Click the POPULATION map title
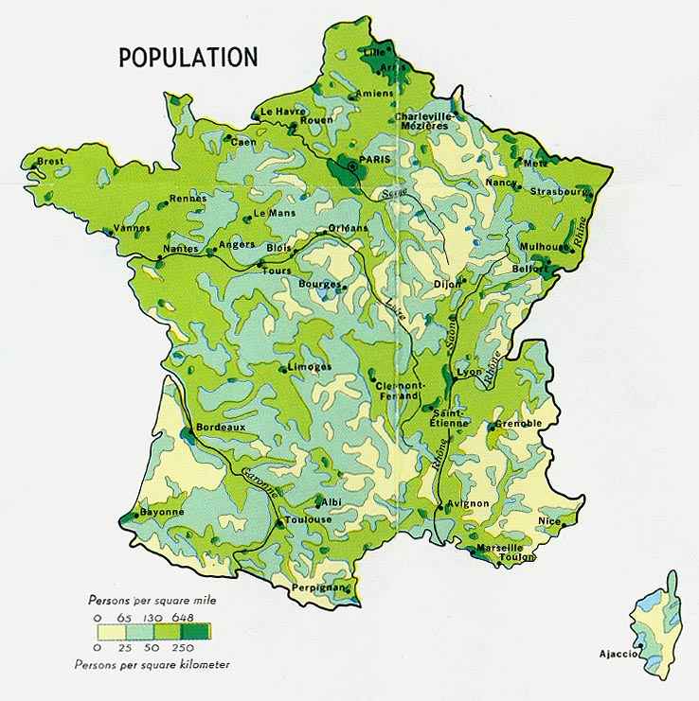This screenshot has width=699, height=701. tap(188, 57)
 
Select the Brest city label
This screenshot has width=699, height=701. tap(50, 162)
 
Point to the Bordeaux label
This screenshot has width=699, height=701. tap(221, 427)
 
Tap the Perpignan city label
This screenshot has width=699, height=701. tap(319, 587)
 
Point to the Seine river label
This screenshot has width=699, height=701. tap(394, 193)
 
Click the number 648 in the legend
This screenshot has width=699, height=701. tap(183, 619)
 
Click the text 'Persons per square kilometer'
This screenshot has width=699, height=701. tap(152, 664)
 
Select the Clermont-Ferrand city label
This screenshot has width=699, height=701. tap(398, 391)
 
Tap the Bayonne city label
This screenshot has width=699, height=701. tap(161, 511)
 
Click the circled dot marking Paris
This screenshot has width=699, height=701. tap(352, 166)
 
